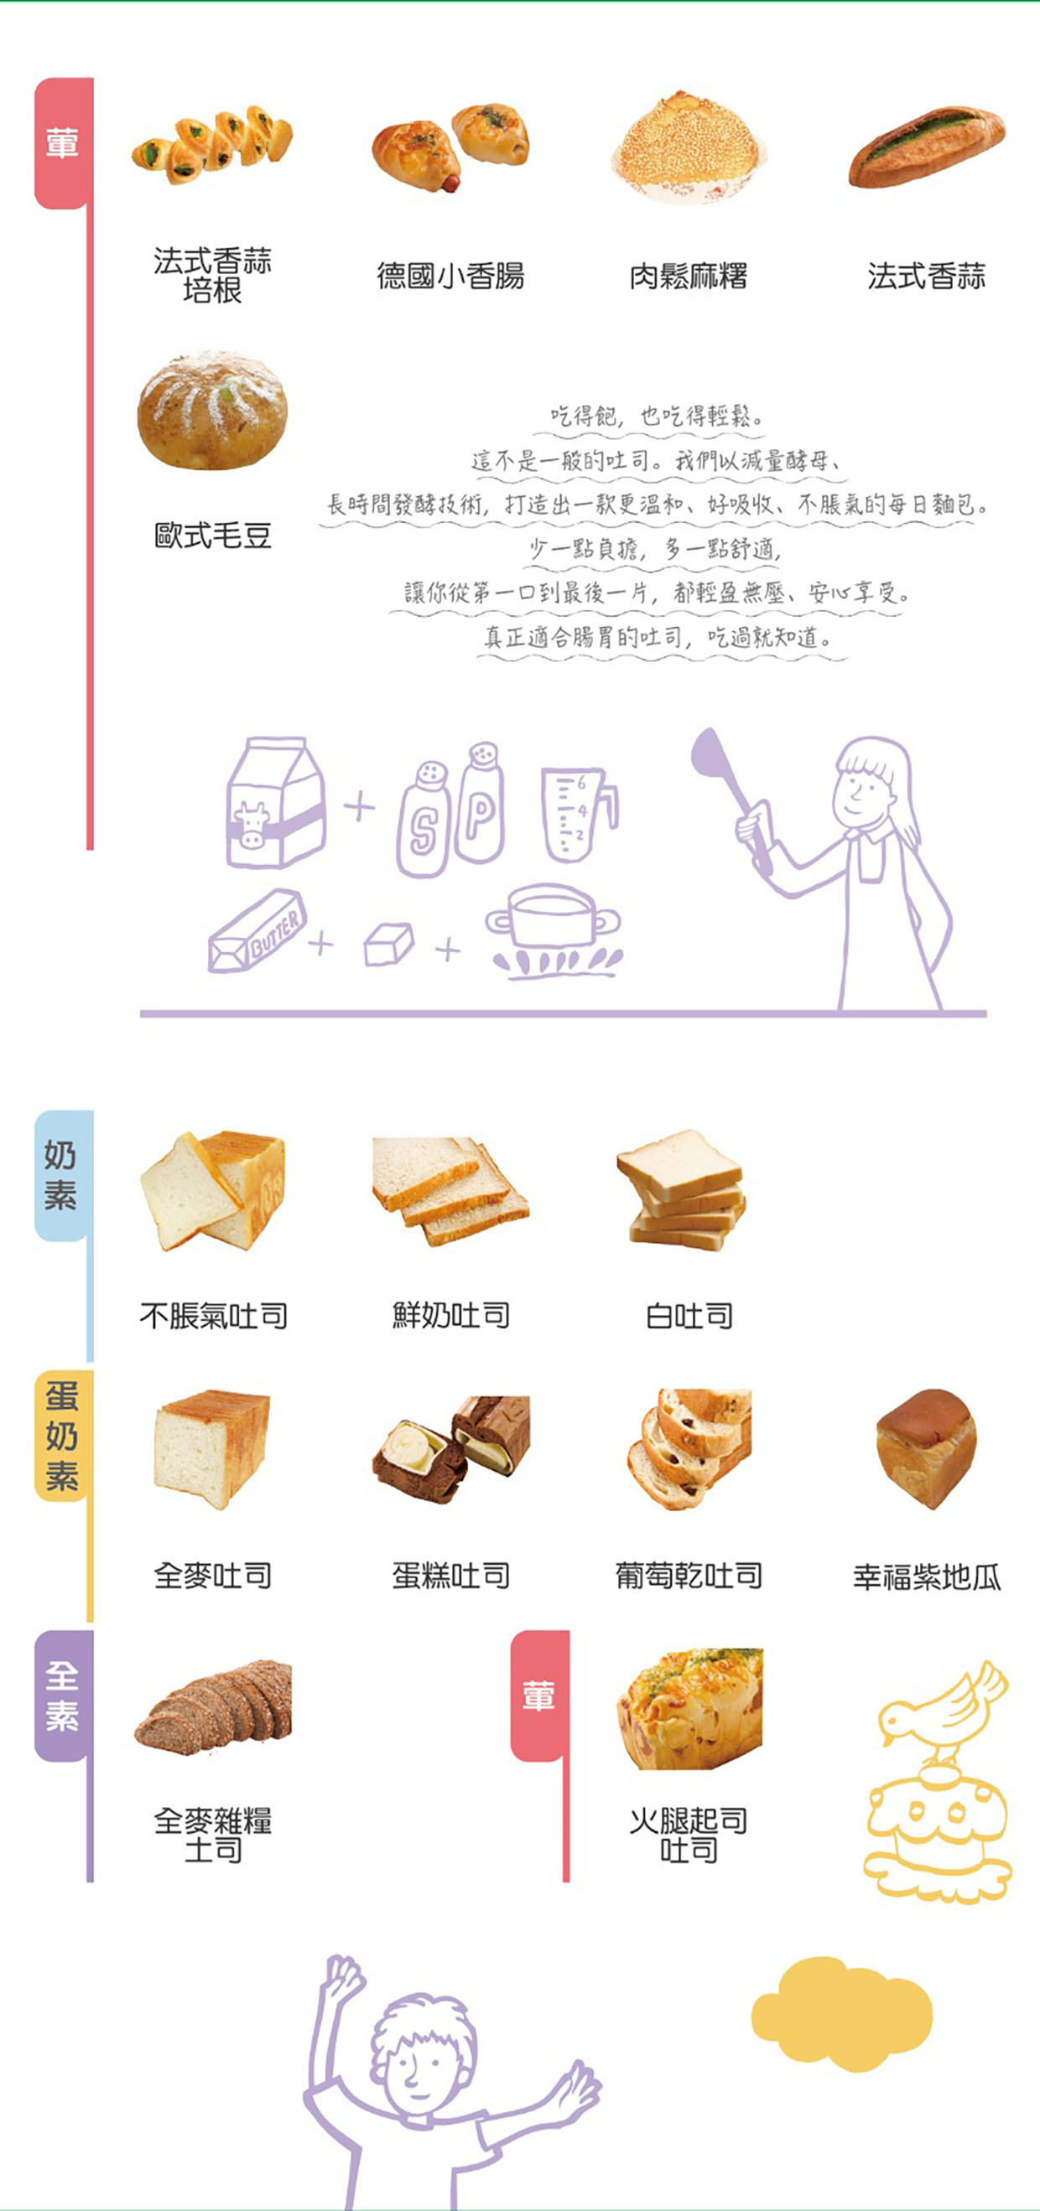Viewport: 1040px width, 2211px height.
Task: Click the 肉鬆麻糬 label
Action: click(x=689, y=277)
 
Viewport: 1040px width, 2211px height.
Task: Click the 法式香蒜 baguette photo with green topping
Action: click(x=927, y=146)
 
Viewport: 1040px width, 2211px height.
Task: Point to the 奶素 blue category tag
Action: click(x=62, y=1174)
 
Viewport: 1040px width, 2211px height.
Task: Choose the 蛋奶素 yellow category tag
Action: click(x=62, y=1436)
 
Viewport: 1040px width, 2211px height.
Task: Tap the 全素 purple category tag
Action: click(x=62, y=1696)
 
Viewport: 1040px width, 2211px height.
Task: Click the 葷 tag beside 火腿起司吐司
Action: click(x=539, y=1696)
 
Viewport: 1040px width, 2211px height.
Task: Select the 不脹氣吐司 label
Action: click(x=214, y=1316)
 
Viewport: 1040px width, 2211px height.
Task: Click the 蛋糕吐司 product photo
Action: click(x=451, y=1449)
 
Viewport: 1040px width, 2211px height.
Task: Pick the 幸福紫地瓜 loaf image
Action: click(x=927, y=1449)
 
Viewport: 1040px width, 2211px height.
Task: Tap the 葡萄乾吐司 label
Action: click(x=689, y=1576)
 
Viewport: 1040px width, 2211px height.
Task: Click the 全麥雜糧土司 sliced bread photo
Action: click(x=214, y=1707)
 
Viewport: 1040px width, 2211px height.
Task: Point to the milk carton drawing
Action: click(x=275, y=803)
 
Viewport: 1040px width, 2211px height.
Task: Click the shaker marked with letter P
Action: click(x=479, y=803)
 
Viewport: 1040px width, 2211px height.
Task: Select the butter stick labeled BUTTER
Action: click(x=257, y=931)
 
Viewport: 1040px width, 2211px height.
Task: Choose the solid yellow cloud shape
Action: click(x=841, y=2013)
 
